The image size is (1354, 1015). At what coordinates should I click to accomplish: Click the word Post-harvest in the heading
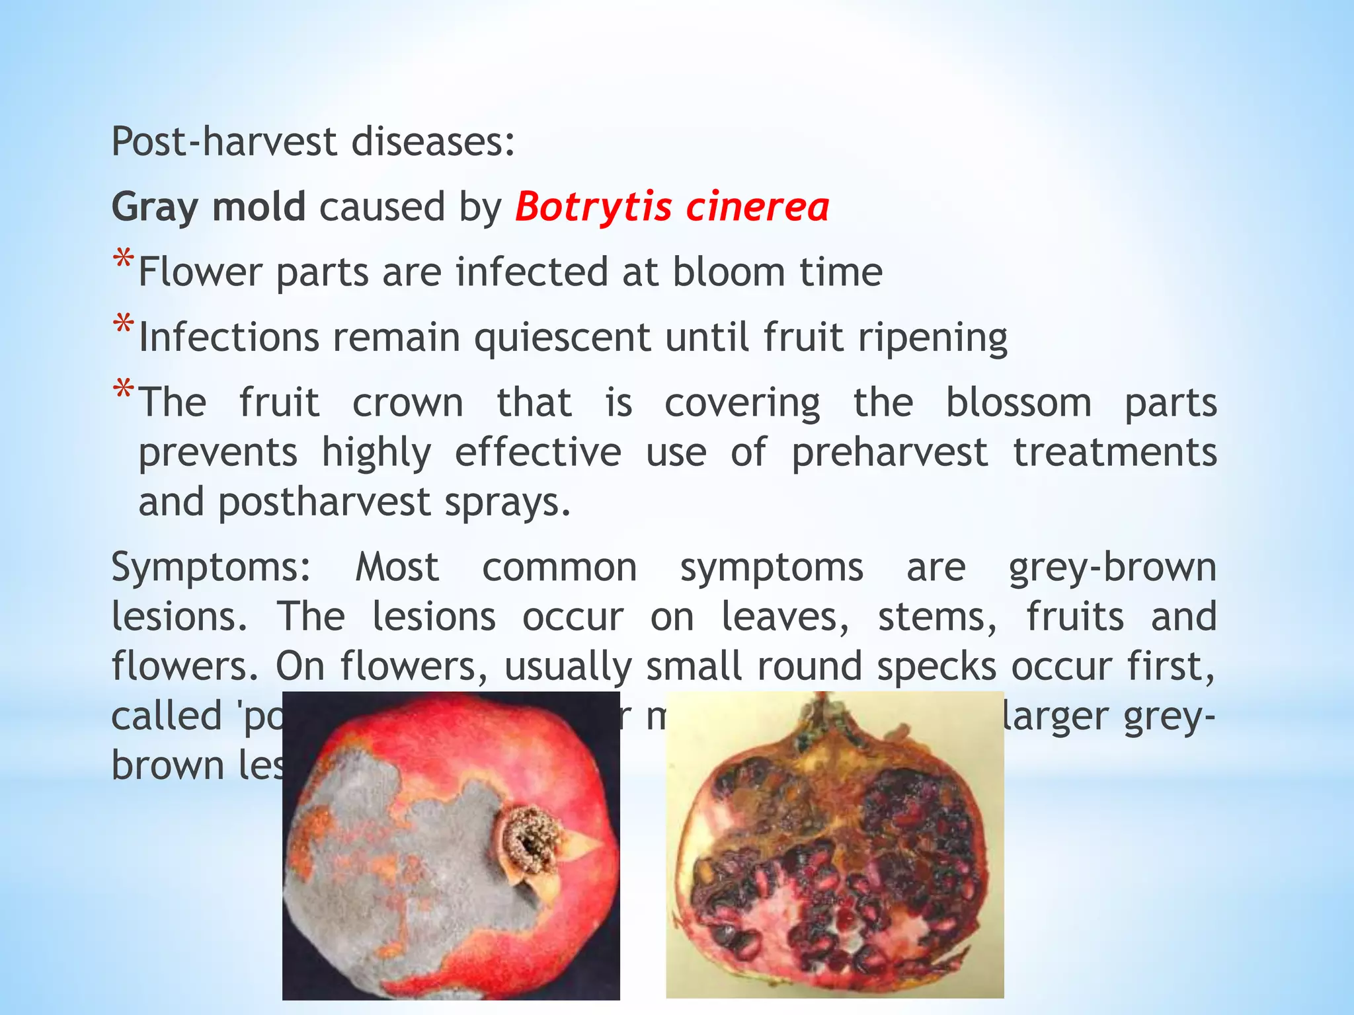pos(224,141)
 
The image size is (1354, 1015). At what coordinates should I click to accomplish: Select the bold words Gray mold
pos(208,206)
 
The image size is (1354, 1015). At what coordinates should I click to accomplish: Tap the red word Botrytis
pos(593,207)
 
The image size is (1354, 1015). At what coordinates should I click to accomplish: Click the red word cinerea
pos(757,206)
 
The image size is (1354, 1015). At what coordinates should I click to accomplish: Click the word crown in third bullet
pos(407,403)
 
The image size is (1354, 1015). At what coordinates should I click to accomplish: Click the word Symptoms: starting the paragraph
pos(211,568)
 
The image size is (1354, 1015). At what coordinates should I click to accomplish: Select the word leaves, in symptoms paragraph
pos(785,617)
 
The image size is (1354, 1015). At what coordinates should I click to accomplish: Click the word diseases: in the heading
pos(433,141)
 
